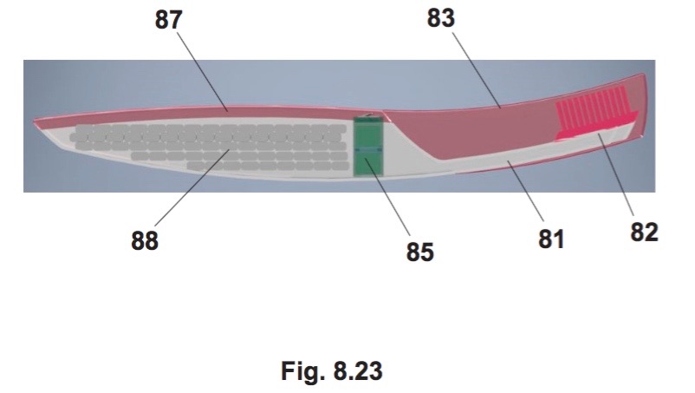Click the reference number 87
click(168, 21)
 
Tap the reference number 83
click(441, 18)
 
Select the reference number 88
click(145, 241)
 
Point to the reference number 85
click(419, 252)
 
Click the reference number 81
click(551, 239)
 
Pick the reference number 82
click(644, 232)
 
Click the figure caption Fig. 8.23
click(332, 370)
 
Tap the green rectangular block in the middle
click(368, 147)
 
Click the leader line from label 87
click(203, 70)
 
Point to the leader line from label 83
click(477, 70)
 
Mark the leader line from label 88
click(192, 188)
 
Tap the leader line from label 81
click(526, 192)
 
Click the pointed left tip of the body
click(34, 121)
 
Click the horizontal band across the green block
click(368, 151)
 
